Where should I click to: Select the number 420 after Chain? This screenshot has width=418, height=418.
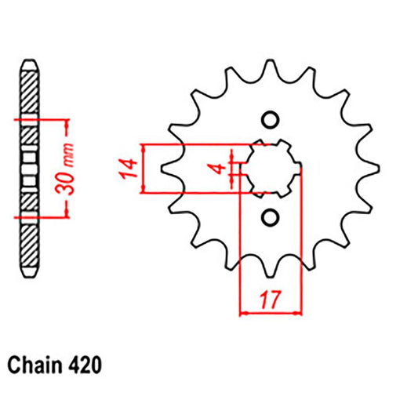coord(85,365)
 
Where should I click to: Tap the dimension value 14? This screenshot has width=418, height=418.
coord(130,168)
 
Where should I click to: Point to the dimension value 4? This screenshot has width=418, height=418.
coord(222,167)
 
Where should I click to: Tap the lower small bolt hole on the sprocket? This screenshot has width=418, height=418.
coord(270,216)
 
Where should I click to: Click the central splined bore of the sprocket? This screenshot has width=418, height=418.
coord(270,168)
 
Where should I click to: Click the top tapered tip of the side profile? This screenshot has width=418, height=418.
coord(29,60)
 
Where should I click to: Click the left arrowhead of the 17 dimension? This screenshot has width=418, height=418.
coord(244,314)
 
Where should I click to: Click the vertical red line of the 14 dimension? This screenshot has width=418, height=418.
coord(144,168)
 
